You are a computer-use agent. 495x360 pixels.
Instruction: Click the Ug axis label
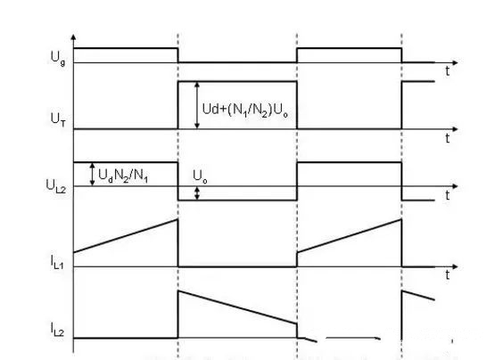tap(58, 58)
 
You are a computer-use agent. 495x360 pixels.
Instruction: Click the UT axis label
tap(58, 119)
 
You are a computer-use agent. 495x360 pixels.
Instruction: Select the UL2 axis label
tap(56, 186)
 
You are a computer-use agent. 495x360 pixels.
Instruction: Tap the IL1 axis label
tap(57, 262)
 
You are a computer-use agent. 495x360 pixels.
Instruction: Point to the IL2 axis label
tap(57, 329)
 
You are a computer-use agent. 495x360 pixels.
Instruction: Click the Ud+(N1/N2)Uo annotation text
tap(245, 110)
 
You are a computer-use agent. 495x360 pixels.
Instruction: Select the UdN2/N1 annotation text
tap(123, 176)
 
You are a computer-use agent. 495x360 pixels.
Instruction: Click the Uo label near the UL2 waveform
tap(200, 176)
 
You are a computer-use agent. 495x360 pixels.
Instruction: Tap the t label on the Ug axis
tap(448, 71)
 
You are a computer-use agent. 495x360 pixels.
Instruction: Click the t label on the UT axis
tap(448, 138)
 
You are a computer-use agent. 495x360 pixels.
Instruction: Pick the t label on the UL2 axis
tap(448, 196)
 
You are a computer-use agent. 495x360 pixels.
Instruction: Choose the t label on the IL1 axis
tap(448, 275)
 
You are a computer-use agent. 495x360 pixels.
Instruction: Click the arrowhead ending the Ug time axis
tap(455, 62)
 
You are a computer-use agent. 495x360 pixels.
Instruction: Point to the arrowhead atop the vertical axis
tap(73, 37)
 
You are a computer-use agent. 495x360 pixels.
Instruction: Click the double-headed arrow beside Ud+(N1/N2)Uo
tap(197, 105)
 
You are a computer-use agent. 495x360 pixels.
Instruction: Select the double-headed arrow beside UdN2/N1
tap(92, 174)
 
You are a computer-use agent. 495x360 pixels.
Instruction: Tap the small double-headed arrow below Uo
tap(197, 193)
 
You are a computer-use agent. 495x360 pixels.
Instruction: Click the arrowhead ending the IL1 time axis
tap(455, 267)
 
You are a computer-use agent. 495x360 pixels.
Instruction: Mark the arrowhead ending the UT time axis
tap(455, 129)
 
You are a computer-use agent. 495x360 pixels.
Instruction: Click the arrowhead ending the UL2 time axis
tap(455, 186)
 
